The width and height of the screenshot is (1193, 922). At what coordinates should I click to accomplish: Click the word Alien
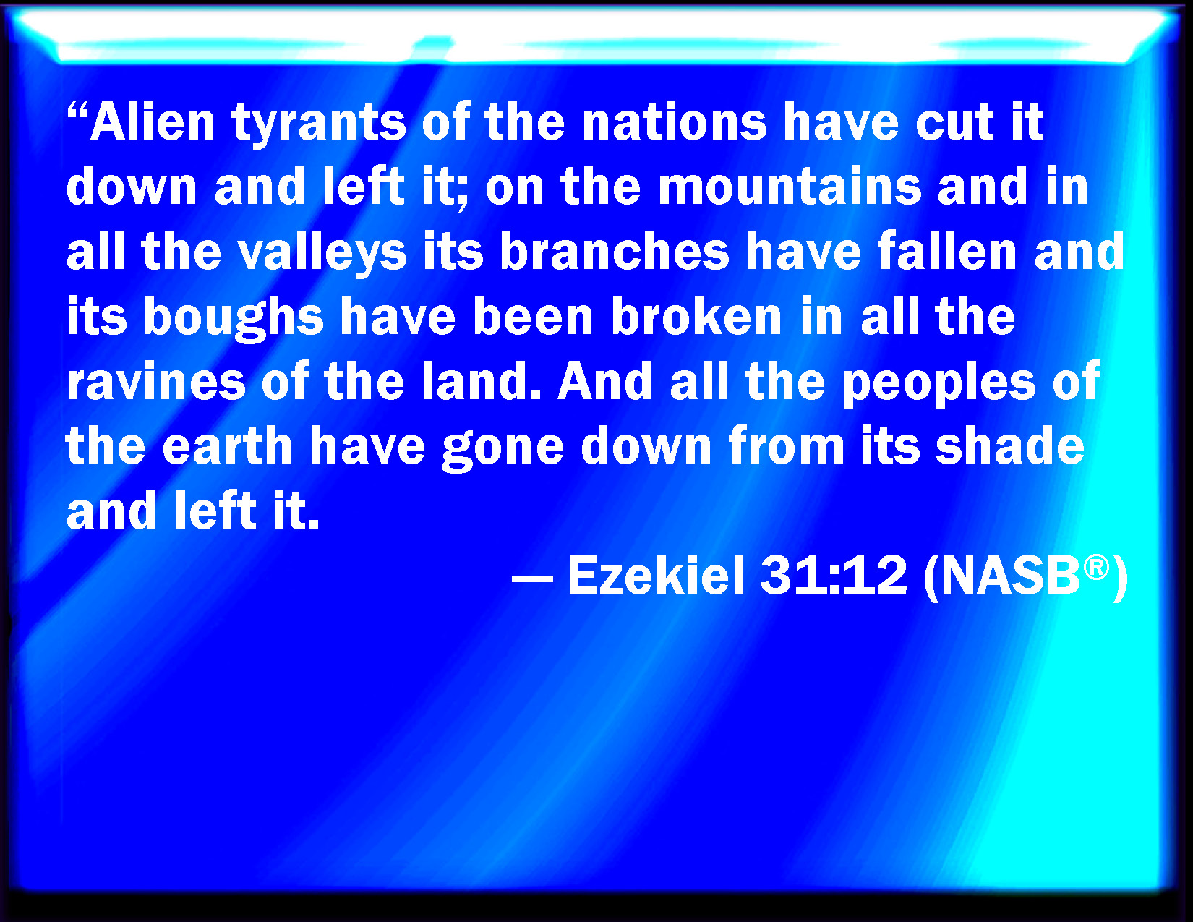tap(153, 121)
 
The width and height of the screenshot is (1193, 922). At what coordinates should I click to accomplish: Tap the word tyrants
tap(318, 124)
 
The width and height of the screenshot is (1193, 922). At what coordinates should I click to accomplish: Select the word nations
tap(674, 122)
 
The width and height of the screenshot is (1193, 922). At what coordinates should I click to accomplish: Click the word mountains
tap(790, 187)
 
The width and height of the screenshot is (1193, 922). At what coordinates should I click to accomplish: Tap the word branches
tap(615, 252)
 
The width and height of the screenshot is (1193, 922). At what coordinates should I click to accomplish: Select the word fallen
tap(947, 252)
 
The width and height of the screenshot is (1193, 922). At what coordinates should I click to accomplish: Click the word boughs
tap(234, 317)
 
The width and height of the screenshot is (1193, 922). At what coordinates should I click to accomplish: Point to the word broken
tap(697, 316)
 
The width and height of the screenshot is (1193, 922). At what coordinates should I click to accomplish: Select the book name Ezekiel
tap(657, 575)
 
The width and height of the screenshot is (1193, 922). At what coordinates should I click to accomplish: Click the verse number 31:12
tap(834, 575)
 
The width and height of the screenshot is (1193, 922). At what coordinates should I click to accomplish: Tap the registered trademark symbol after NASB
tap(1097, 566)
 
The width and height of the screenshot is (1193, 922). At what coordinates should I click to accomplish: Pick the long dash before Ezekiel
tap(532, 579)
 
